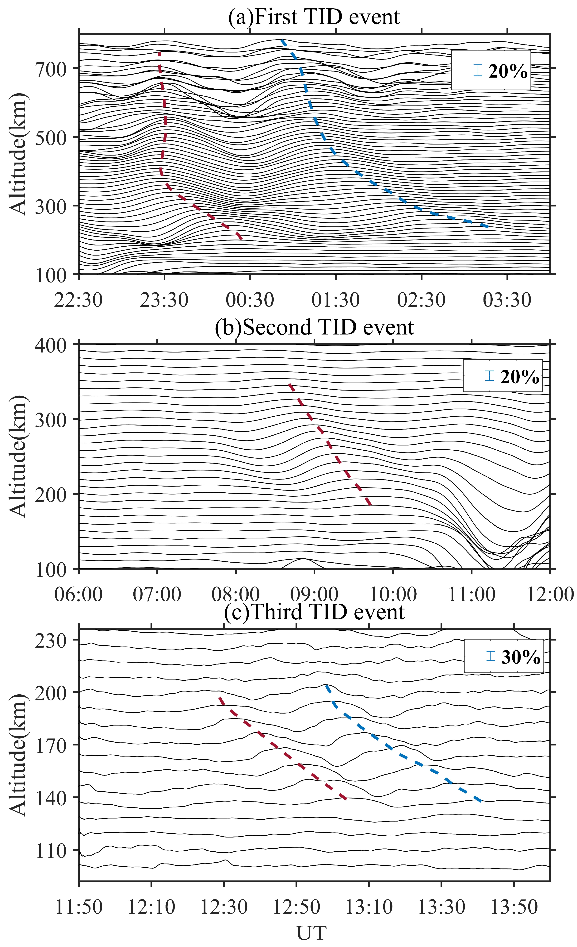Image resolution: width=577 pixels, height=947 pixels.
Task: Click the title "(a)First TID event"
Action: [314, 17]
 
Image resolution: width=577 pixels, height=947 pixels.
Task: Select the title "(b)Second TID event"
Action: [314, 327]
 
